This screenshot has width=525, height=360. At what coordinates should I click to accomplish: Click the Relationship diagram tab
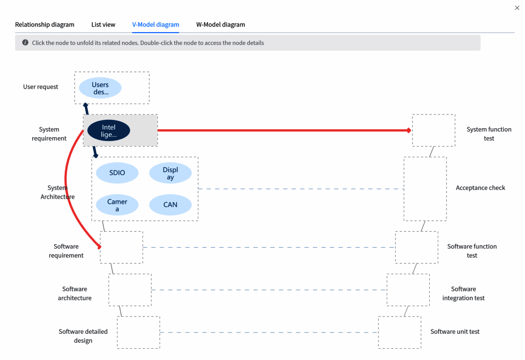tap(44, 25)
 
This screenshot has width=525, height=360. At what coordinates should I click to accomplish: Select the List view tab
tap(103, 25)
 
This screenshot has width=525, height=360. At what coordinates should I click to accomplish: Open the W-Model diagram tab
tap(221, 25)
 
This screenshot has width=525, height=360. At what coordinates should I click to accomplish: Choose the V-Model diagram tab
tap(155, 25)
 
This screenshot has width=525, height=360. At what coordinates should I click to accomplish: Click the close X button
tap(517, 8)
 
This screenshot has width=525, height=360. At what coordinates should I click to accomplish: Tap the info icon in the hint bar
tap(25, 43)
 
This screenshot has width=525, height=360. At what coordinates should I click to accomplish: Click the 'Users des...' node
tap(100, 88)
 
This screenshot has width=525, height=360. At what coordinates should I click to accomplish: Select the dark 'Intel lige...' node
tap(109, 131)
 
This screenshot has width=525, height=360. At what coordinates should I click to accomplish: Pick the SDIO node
tap(117, 173)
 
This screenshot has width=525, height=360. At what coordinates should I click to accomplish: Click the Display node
tap(170, 174)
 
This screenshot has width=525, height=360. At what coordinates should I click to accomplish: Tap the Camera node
tap(117, 205)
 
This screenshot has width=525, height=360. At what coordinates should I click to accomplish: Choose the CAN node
tap(170, 205)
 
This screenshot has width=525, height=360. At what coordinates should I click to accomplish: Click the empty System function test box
tap(434, 130)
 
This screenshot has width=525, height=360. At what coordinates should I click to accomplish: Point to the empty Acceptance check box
tap(425, 188)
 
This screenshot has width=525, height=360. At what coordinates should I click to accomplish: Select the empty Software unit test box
tap(400, 332)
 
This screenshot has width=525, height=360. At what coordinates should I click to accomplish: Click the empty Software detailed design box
tap(138, 332)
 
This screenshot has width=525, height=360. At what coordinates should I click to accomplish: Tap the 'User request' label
tap(40, 87)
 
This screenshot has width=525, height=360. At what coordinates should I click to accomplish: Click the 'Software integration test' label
tap(463, 293)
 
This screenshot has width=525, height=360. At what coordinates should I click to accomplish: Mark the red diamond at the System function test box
tap(409, 131)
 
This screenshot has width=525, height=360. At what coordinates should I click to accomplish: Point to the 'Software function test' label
tap(472, 251)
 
